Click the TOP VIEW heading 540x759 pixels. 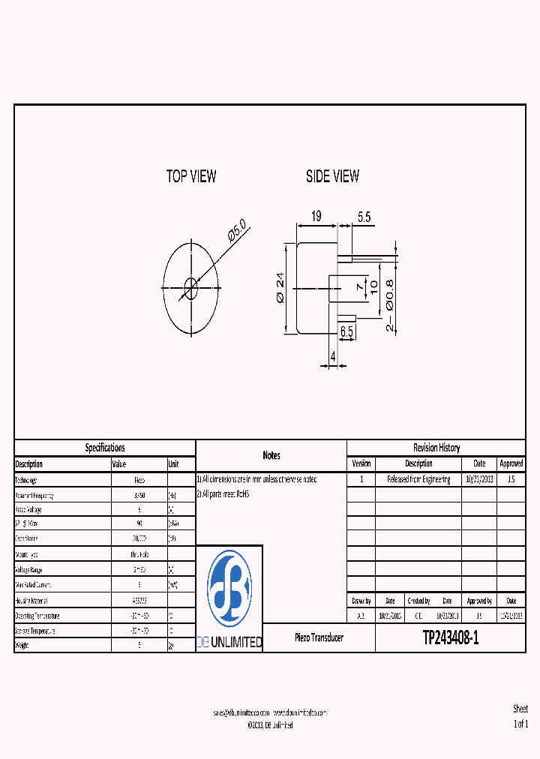tap(191, 176)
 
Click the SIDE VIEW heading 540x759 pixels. tap(332, 176)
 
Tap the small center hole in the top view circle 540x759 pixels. tap(190, 286)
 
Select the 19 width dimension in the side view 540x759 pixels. tap(316, 217)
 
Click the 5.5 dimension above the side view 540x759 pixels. tap(364, 217)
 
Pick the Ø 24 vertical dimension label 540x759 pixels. tap(280, 288)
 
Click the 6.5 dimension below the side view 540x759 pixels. tap(347, 331)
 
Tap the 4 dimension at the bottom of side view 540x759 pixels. tap(333, 357)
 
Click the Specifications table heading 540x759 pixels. tap(105, 448)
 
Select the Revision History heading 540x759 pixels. tap(436, 448)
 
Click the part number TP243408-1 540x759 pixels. tap(450, 638)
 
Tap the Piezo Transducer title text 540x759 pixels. tap(319, 637)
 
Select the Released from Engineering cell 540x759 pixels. tap(418, 479)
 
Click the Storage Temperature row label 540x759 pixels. tap(35, 631)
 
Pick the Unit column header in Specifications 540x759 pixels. tap(174, 464)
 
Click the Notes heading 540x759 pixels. tap(271, 455)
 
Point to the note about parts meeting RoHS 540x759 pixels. tap(223, 494)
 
